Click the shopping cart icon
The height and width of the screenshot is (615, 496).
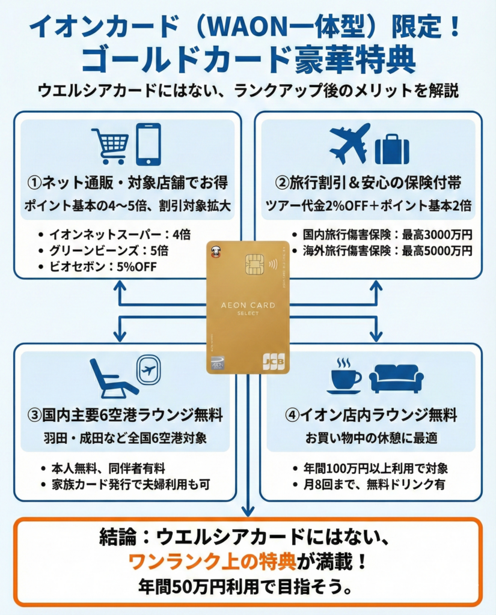(110, 144)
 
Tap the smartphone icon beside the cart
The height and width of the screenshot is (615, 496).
(148, 144)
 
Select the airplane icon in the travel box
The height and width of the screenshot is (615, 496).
(350, 144)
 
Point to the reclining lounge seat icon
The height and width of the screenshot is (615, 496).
(112, 379)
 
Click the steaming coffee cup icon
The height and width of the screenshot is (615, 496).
(344, 377)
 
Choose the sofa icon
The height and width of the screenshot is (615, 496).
(396, 379)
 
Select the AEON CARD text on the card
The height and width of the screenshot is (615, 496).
(248, 305)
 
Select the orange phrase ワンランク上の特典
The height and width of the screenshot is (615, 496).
(212, 561)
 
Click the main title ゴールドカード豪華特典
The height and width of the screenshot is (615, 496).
(247, 59)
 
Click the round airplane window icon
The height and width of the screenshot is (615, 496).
(148, 369)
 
